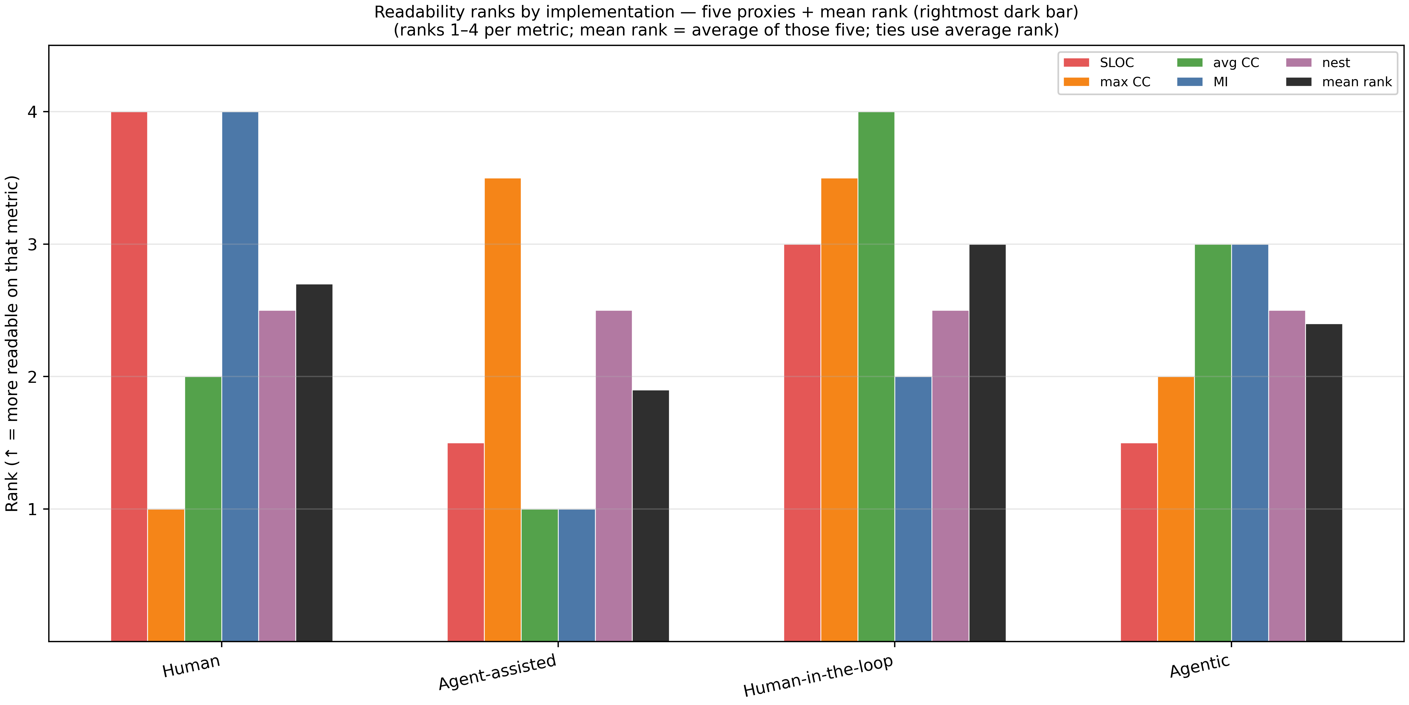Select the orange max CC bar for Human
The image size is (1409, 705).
(x=166, y=575)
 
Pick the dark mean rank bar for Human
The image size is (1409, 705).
(x=314, y=462)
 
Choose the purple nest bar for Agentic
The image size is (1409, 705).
(x=1287, y=476)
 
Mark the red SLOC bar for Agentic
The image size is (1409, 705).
(x=1139, y=542)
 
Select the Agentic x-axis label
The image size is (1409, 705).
(x=1200, y=666)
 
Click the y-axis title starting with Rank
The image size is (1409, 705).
(x=12, y=344)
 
